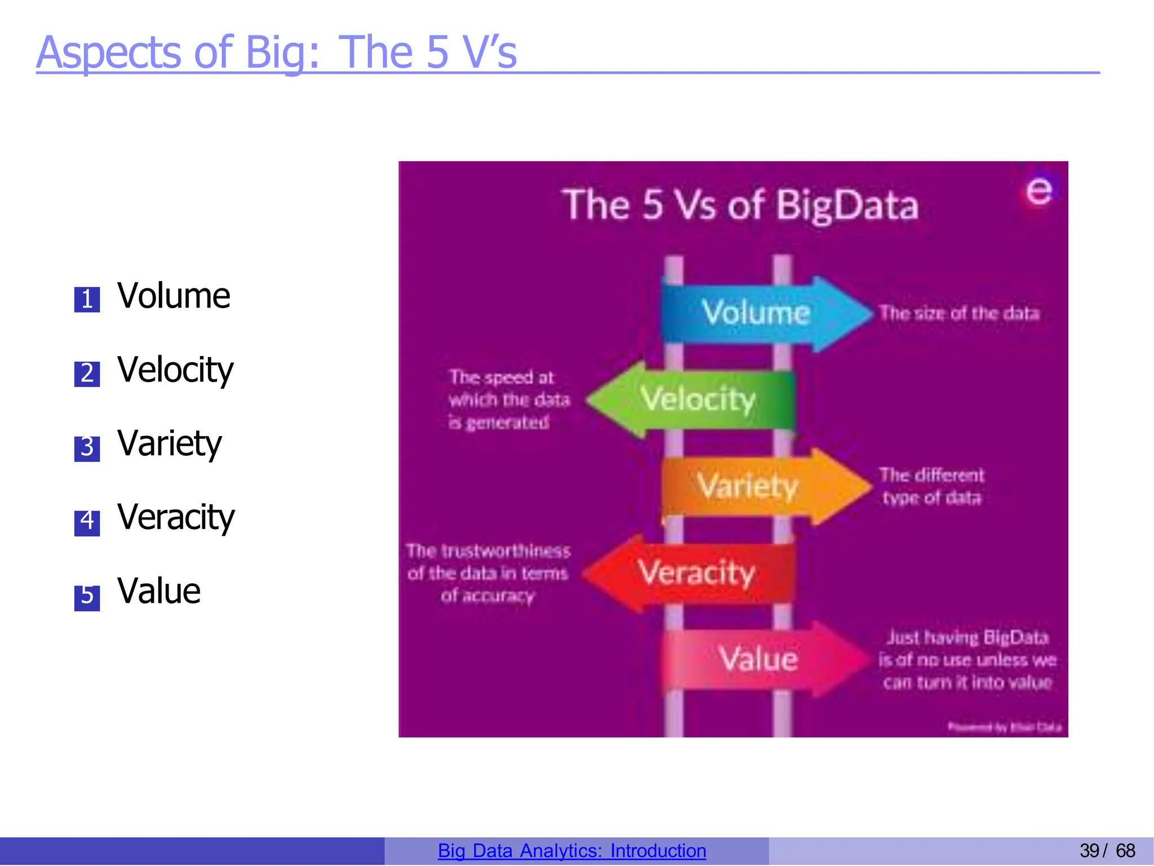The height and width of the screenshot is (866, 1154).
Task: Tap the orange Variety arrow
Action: tap(749, 486)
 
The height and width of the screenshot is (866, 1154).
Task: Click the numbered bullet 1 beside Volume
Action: tap(87, 299)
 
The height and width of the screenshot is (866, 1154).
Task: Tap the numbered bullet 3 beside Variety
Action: tap(87, 448)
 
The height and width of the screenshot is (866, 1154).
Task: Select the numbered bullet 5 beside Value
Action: tap(87, 597)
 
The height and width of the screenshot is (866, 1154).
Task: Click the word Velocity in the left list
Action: tap(175, 370)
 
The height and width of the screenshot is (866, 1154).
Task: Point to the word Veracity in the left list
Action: tap(176, 517)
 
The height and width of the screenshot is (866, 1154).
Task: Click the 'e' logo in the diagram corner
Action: tap(1038, 192)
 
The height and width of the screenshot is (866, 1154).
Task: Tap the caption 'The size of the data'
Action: tap(959, 313)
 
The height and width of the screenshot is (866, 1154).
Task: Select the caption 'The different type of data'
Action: tap(931, 486)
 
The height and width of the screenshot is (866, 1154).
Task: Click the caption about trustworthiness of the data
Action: tap(488, 573)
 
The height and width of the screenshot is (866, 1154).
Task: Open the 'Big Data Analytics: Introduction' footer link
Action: tap(571, 850)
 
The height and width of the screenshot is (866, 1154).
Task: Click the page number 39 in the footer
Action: tap(1089, 850)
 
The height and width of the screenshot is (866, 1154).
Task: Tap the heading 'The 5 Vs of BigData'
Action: tap(740, 205)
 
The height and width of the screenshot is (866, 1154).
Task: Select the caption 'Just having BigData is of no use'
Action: tap(967, 660)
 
